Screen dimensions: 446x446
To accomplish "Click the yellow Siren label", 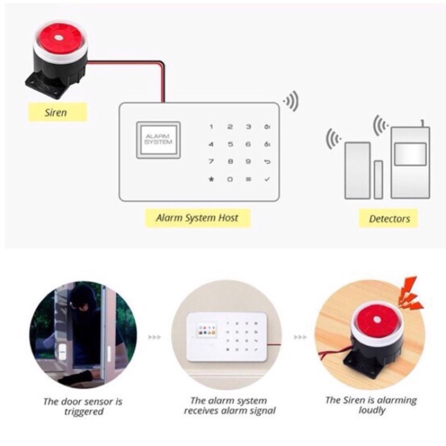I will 56,112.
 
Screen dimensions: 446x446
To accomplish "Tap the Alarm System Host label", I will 196,217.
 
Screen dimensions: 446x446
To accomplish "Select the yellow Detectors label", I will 389,219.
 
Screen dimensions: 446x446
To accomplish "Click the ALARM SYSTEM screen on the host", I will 158,139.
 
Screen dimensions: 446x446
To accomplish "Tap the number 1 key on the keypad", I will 211,127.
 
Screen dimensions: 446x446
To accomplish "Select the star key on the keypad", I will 211,180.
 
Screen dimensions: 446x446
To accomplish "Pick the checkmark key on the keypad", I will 267,180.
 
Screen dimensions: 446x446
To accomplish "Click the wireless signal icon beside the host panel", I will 291,102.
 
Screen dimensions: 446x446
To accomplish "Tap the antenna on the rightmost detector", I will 423,123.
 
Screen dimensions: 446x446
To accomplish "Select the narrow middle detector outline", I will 378,179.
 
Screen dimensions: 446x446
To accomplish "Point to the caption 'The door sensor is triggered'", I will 83,406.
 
